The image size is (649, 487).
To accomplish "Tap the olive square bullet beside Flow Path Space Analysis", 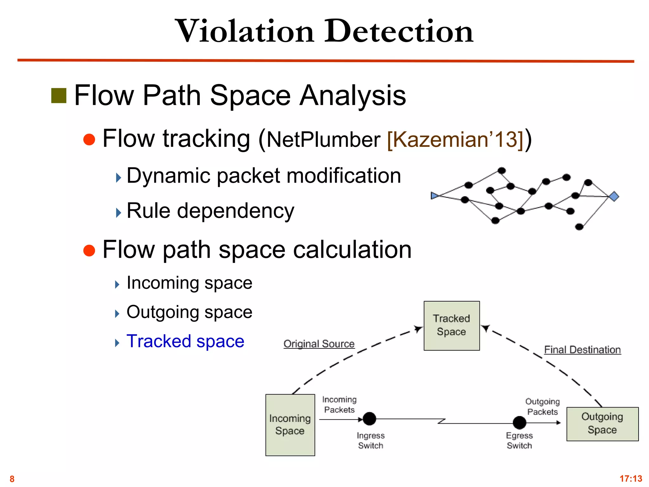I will (59, 96).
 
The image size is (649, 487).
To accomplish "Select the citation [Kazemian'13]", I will (455, 139).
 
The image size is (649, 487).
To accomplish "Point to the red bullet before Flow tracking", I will (89, 140).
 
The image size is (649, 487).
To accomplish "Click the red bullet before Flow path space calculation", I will (89, 250).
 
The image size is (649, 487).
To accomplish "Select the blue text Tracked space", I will (185, 341).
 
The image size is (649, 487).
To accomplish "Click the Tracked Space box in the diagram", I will (452, 326).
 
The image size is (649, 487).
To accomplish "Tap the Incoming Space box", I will (290, 425).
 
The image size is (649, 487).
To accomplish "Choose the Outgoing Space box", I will (602, 424).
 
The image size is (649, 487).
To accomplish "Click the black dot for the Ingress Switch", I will (369, 419).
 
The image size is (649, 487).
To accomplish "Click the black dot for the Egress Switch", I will (519, 423).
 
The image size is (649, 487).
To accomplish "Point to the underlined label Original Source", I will (319, 344).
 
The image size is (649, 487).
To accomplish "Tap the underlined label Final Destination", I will (582, 350).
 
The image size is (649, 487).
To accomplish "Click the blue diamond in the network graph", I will (614, 197).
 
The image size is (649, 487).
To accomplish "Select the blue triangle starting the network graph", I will (434, 196).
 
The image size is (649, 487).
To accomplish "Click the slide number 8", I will (12, 479).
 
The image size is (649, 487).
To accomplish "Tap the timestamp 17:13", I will (631, 478).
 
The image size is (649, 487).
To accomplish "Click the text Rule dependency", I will (210, 211).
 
